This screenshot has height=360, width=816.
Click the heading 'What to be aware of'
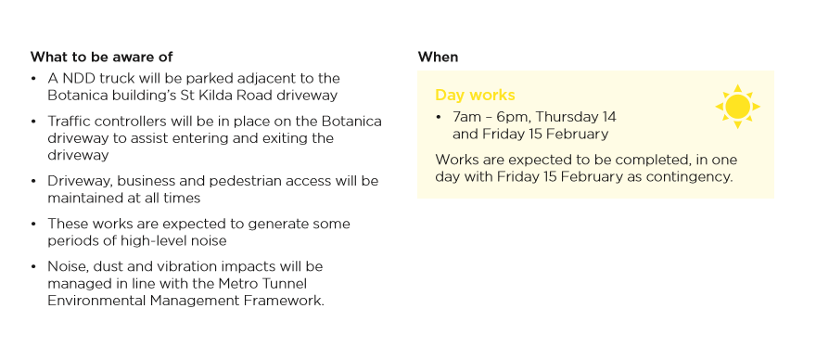(101, 57)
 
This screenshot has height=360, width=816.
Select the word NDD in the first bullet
(79, 78)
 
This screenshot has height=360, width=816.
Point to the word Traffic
(67, 122)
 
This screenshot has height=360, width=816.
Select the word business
(185, 181)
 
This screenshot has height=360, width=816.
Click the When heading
(438, 57)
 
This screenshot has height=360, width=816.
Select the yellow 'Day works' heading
(475, 95)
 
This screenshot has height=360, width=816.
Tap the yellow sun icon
(737, 107)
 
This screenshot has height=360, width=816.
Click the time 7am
(466, 117)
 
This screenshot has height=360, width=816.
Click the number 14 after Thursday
(609, 117)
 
